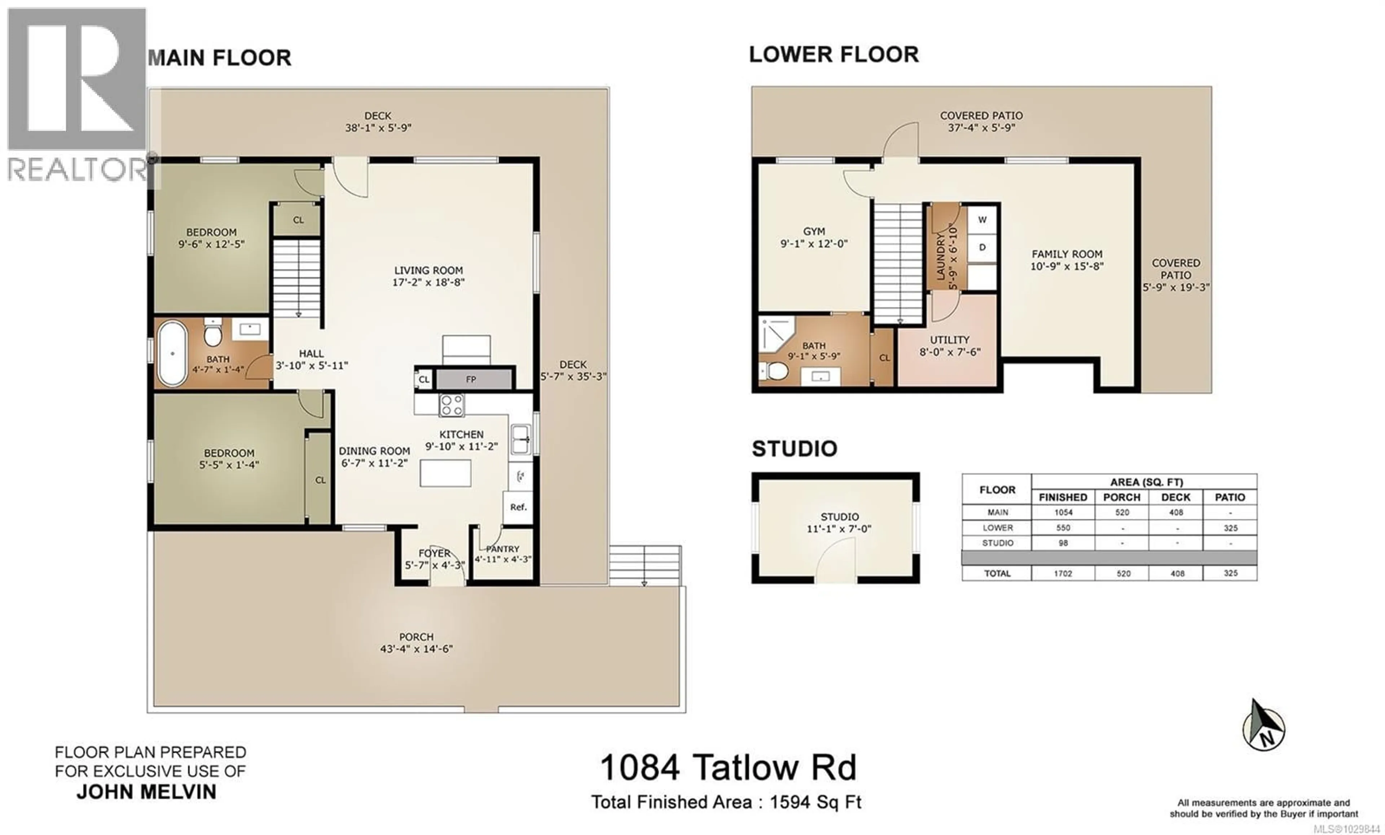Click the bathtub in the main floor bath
[172, 353]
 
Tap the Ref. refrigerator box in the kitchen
[518, 507]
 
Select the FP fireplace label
[471, 379]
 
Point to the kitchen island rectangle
[445, 473]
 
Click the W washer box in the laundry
[982, 220]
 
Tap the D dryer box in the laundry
[982, 247]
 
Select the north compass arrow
[1263, 727]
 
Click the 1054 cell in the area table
[1063, 512]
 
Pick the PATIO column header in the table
[1230, 497]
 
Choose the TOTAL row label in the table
[997, 574]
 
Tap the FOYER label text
[435, 553]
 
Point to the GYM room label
[814, 231]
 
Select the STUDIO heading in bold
[794, 449]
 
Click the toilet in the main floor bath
[212, 335]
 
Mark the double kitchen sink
[520, 439]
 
